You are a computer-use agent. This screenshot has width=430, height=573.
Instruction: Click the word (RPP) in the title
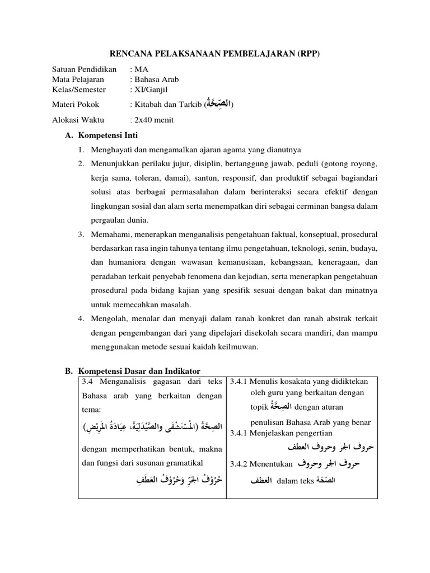tap(310, 54)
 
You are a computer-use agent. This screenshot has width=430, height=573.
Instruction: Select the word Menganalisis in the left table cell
tap(120, 382)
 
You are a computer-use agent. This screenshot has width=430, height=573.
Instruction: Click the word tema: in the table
tap(92, 410)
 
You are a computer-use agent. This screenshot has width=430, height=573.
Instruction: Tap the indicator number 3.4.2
tap(240, 463)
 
